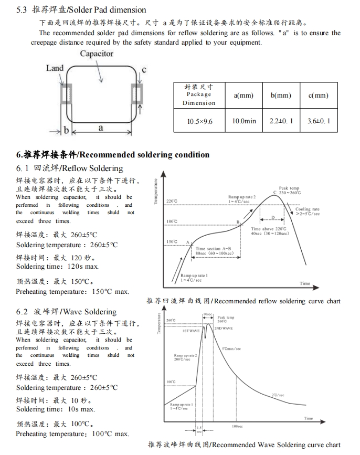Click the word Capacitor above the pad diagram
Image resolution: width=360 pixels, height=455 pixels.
coord(97,54)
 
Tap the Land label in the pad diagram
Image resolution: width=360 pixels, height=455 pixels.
coord(55,68)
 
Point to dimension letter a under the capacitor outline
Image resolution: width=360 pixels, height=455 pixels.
coord(101,128)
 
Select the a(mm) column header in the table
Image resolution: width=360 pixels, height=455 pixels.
coord(243,95)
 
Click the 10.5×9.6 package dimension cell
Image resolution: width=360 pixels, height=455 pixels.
coord(200,121)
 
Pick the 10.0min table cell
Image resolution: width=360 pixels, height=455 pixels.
coord(244,121)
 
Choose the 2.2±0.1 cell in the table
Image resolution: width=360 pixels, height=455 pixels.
coord(281,121)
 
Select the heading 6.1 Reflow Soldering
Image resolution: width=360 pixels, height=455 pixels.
coord(69,168)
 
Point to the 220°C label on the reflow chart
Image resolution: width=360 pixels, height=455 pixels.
coord(172,201)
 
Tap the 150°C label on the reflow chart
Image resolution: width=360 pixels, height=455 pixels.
coord(172,241)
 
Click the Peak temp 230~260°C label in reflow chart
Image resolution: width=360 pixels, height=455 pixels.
coord(289,191)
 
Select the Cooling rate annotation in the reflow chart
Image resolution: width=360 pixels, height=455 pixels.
coord(307,211)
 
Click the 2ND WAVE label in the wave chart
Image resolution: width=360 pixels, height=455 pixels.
coord(224,328)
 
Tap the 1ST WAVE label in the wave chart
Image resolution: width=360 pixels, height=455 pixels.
coord(190,331)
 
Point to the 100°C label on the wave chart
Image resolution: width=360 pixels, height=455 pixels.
coord(171,382)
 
